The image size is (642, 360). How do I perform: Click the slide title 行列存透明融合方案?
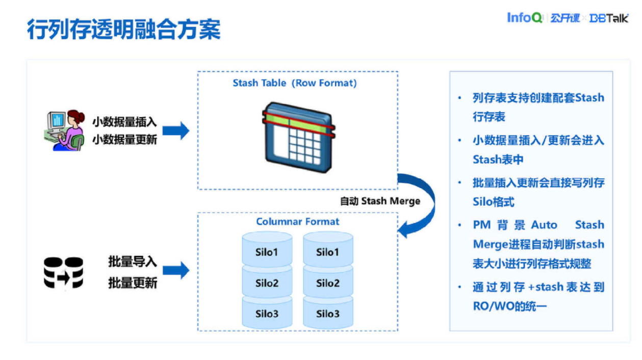[x=123, y=30]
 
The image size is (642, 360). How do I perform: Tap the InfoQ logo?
[x=524, y=18]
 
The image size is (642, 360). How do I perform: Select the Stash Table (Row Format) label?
[x=295, y=83]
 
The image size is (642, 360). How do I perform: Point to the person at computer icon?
[x=63, y=130]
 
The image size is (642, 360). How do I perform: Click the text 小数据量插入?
[x=124, y=122]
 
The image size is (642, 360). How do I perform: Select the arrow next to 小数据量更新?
[x=176, y=131]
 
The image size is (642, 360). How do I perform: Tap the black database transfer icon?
[x=63, y=272]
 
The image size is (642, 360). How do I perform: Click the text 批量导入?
[x=132, y=262]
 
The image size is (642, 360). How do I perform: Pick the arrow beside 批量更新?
[x=176, y=270]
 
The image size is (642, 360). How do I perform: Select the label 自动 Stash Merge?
[x=380, y=201]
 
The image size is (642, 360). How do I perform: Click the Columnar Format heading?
[x=297, y=221]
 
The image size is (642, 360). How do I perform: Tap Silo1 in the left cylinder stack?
[x=267, y=252]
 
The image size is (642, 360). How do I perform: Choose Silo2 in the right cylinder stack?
[x=327, y=282]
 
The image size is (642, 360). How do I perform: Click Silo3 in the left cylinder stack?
[x=267, y=314]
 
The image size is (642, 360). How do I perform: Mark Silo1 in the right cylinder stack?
[x=327, y=252]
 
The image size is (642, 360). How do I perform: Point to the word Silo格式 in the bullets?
[x=494, y=202]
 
